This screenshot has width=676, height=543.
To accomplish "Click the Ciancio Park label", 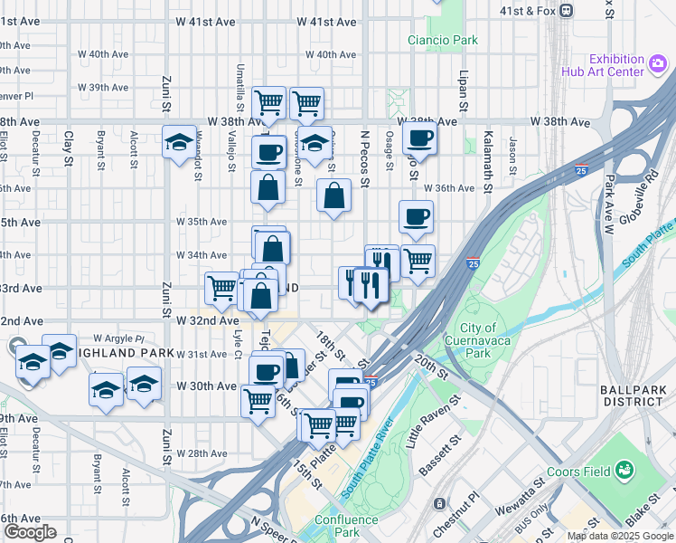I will (442, 40).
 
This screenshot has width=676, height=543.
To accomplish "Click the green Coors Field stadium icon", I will (623, 471).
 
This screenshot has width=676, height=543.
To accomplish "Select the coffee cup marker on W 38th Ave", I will (418, 139).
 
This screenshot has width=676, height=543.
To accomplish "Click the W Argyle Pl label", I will (118, 338).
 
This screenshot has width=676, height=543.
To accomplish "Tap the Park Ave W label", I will (608, 205).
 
